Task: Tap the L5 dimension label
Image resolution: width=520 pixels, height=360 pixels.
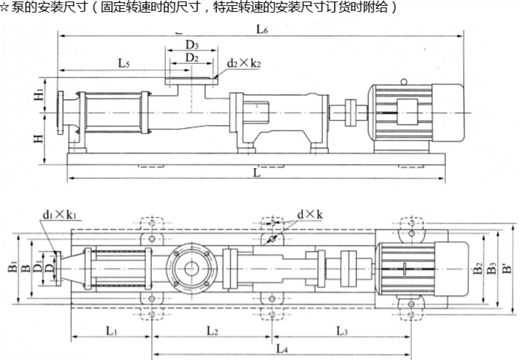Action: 124,64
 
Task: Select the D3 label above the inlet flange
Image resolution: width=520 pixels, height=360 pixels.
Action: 192,44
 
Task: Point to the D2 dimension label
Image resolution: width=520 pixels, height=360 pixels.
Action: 192,57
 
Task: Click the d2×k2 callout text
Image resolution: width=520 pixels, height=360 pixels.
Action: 244,64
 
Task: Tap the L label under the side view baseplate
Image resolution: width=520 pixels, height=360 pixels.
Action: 256,173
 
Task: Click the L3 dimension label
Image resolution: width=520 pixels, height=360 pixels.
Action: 341,331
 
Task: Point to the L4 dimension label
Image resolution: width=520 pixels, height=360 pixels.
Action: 280,347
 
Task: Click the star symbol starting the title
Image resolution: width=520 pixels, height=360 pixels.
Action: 4,8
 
